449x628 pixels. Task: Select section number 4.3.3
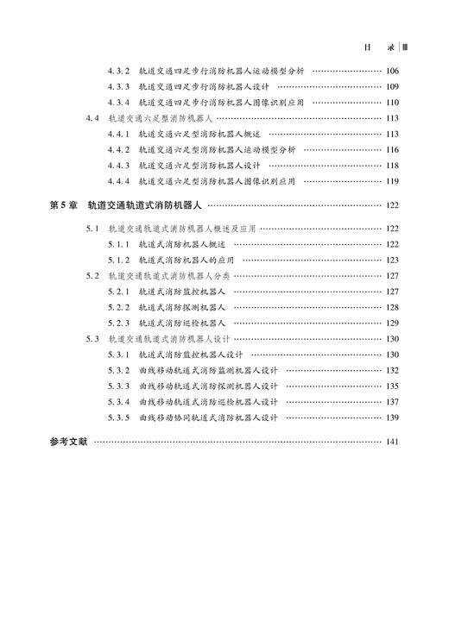[x=118, y=86]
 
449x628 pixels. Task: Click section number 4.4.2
[x=118, y=149]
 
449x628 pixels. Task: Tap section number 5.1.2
[x=118, y=260]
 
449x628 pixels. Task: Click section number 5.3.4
[x=118, y=402]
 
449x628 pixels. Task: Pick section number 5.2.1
[x=118, y=292]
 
